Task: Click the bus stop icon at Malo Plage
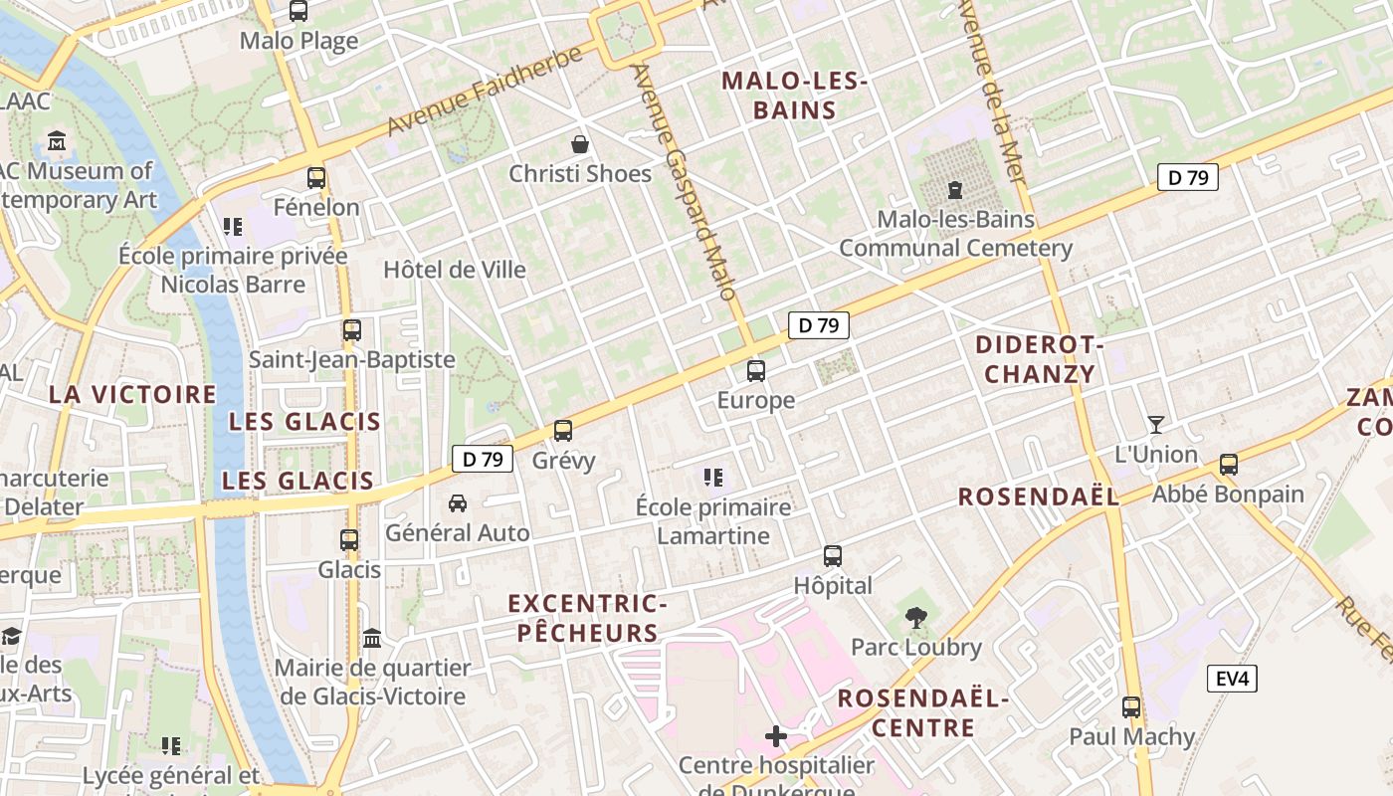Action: click(298, 12)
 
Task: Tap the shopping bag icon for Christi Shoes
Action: click(580, 144)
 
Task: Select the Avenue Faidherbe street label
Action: click(484, 92)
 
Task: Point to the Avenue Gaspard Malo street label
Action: click(685, 182)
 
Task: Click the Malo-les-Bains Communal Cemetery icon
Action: click(955, 189)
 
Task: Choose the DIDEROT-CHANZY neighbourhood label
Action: click(1039, 359)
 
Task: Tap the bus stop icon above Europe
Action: click(756, 371)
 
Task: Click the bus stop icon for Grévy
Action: click(563, 431)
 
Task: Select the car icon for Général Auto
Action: click(458, 503)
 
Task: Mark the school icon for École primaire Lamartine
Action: click(713, 478)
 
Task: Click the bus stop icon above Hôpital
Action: click(833, 556)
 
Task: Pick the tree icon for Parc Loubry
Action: click(915, 618)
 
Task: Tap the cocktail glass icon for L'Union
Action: click(1155, 425)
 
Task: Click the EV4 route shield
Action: click(1232, 680)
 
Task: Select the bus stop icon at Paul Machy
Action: click(1131, 707)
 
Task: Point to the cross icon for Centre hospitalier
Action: click(776, 736)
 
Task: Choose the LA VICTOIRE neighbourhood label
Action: click(132, 394)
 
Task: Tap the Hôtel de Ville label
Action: click(455, 270)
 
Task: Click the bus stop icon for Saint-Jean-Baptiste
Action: click(351, 330)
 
